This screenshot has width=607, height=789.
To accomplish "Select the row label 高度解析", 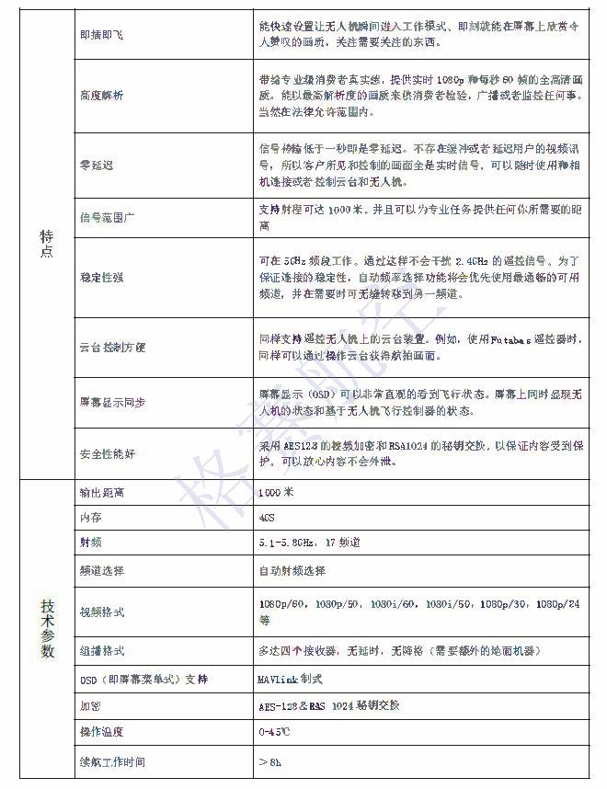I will pos(102,95).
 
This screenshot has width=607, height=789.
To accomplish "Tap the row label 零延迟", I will pos(96,165).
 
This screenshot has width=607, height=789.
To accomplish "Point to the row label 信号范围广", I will pos(109,217).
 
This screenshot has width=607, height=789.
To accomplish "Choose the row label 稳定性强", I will pos(102,276).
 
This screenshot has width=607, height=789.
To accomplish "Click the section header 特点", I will pos(47,243).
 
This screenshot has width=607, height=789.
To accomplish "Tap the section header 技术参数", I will pos(47,627).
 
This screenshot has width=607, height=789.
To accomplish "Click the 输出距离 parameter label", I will pos(102,493).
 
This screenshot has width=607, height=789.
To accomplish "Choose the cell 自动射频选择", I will pos(292,571).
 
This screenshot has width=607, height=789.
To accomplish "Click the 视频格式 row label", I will pos(102,612).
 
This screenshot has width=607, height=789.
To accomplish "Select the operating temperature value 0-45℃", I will pos(275,732).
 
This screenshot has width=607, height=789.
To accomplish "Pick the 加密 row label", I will pos(90,706).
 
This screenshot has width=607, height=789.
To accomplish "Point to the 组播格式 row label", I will pos(102,651).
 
